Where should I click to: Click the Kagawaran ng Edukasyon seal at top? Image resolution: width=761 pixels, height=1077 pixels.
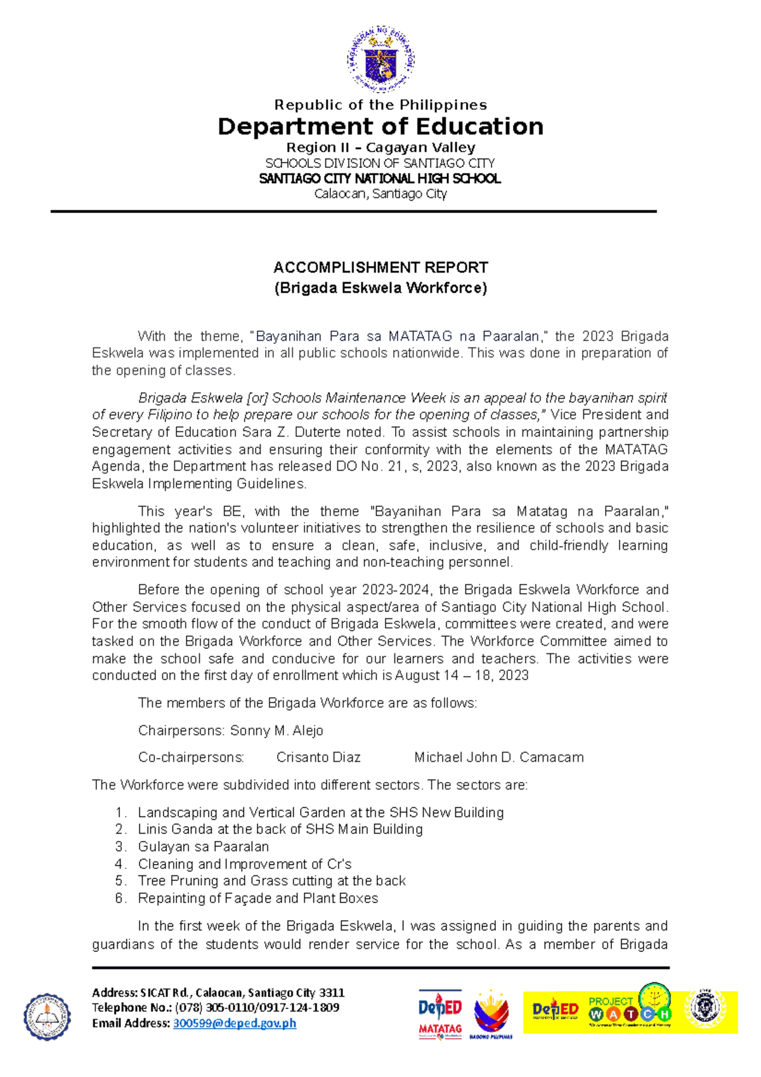pos(380,60)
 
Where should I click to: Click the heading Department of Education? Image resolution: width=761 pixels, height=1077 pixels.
pos(380,127)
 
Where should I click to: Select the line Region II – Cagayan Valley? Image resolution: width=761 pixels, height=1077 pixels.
pos(380,147)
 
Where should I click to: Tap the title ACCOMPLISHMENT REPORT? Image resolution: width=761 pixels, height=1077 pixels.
pos(380,267)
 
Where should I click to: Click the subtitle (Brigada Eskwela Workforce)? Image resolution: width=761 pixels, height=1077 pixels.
pos(380,288)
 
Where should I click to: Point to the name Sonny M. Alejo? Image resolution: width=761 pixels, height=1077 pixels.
pos(276,731)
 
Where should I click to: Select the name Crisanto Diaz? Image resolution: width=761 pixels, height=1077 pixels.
pos(318,757)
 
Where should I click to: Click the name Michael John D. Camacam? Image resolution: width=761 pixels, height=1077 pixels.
pos(498,757)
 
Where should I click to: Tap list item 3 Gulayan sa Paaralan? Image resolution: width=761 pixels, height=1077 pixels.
pos(203,847)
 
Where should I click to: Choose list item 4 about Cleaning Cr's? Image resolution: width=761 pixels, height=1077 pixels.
pos(244,864)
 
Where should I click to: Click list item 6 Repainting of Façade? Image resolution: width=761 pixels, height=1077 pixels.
pos(257,898)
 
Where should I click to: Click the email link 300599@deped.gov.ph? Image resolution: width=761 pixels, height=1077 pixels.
pos(235,1022)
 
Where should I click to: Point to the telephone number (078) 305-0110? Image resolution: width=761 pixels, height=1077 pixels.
pos(222,1007)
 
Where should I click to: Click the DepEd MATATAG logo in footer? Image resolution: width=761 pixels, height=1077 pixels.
pos(440,1014)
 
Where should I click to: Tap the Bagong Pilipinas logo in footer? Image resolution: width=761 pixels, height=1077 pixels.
pos(491,1014)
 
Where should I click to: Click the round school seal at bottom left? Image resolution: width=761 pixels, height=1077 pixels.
pos(48,1016)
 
